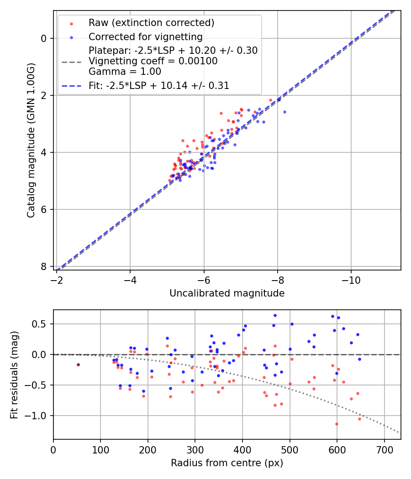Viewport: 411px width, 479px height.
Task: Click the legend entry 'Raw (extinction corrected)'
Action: [x=151, y=23]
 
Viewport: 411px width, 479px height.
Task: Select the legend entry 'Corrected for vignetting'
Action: [x=145, y=36]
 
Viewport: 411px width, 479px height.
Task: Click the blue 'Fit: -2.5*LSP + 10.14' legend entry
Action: [x=158, y=85]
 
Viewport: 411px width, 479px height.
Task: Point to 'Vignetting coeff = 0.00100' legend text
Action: [x=153, y=61]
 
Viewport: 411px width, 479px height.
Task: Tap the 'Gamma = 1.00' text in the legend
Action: [x=125, y=71]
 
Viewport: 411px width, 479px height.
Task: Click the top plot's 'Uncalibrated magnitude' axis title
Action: [x=227, y=293]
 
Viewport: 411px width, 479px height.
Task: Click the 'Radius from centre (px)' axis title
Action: [x=227, y=463]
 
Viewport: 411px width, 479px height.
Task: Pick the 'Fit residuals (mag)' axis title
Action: [x=14, y=374]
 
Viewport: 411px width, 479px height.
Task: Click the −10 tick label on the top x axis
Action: [x=351, y=277]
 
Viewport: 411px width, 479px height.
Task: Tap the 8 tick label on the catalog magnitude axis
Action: [x=44, y=266]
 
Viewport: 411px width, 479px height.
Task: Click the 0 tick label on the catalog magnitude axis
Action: [x=44, y=38]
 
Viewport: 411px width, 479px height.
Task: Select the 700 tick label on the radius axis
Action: [x=384, y=449]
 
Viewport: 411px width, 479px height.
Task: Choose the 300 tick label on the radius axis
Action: [x=195, y=449]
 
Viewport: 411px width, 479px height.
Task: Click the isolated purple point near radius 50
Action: [x=78, y=364]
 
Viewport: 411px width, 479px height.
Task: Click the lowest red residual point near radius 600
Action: [x=337, y=424]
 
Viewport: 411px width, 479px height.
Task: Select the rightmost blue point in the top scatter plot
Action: [x=285, y=112]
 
